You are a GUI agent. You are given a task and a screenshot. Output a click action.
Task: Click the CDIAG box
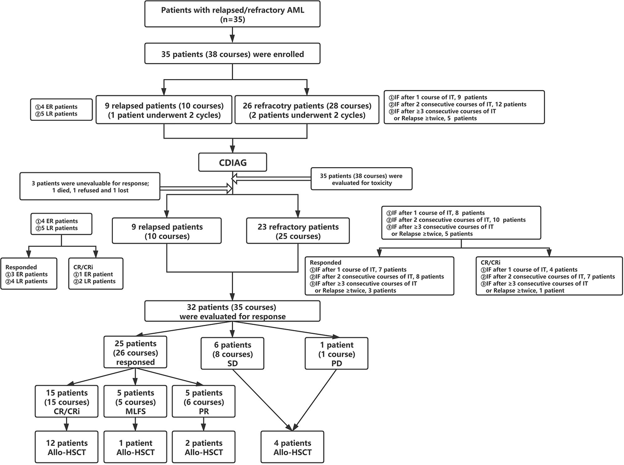[x=232, y=162]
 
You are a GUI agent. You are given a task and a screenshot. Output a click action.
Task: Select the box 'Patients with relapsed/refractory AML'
[x=232, y=14]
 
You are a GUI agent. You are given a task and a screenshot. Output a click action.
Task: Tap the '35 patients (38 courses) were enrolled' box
[x=232, y=54]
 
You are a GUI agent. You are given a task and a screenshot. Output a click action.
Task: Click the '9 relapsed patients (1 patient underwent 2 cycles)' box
[x=164, y=110]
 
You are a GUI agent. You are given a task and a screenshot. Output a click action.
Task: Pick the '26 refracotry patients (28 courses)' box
[x=307, y=110]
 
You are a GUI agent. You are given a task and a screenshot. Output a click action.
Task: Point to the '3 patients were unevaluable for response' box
[x=90, y=186]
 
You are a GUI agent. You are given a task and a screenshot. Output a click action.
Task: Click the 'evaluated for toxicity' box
[x=361, y=179]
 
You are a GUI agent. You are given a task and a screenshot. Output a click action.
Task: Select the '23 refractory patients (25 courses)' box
[x=298, y=231]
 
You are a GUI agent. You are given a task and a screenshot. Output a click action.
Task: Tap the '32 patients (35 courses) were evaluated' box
[x=232, y=311]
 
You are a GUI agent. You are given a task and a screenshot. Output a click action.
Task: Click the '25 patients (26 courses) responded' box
[x=135, y=353]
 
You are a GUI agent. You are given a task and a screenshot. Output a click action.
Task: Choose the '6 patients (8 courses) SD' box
[x=232, y=354]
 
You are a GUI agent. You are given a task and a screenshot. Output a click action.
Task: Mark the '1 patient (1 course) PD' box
[x=336, y=354]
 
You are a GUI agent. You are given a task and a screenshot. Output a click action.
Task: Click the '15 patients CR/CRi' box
[x=67, y=401]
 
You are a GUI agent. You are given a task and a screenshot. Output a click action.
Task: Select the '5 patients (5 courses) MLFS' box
[x=135, y=401]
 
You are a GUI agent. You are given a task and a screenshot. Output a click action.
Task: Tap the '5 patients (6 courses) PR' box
[x=204, y=401]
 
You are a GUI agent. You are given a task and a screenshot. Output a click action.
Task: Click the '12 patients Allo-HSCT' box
[x=67, y=447]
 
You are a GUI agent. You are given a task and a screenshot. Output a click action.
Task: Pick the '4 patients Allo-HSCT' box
[x=292, y=447]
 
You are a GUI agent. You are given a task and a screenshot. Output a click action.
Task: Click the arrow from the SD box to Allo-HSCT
[x=263, y=400]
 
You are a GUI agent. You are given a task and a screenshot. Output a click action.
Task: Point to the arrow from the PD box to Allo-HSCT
[x=315, y=400]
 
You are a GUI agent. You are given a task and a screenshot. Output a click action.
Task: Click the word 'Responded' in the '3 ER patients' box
[x=21, y=267]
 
